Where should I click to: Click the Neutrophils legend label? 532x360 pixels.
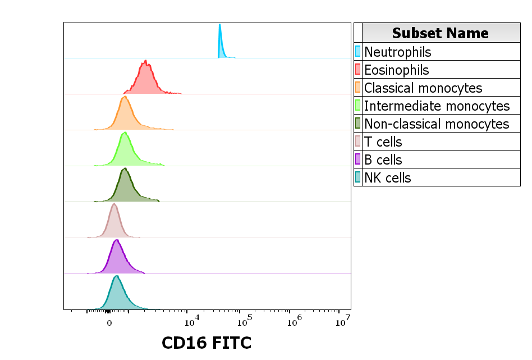[397, 52]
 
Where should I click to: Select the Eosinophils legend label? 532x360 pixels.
[396, 70]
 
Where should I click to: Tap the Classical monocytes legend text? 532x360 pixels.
[423, 88]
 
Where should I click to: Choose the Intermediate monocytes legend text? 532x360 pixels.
[437, 106]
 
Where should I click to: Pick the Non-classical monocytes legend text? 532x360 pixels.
[437, 124]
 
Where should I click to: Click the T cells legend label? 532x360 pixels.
[383, 142]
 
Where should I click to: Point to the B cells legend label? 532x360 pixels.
[383, 160]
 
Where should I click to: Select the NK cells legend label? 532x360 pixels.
[387, 178]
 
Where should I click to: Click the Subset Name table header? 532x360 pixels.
[440, 33]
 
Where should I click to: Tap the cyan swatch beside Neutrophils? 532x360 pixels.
[357, 52]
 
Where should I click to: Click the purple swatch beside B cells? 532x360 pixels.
[357, 160]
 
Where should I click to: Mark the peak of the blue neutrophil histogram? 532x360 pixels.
[219, 25]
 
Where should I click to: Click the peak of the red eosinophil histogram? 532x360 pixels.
[145, 60]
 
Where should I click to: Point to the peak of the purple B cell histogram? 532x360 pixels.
[116, 240]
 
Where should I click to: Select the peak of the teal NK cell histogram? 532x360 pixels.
[116, 276]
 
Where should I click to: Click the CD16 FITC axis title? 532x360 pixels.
[207, 343]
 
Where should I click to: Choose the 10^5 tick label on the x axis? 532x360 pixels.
[244, 322]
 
